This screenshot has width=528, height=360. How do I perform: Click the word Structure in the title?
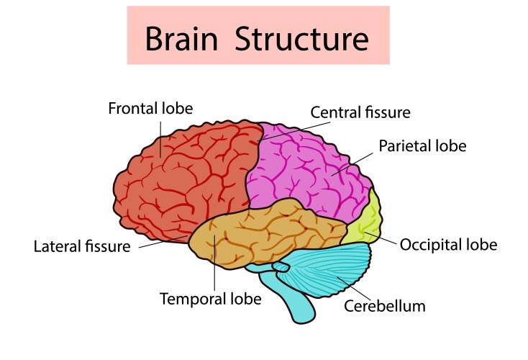302,37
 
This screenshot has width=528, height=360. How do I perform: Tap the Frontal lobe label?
150,109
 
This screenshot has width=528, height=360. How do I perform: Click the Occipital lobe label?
449,244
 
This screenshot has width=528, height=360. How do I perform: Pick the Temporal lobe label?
210,298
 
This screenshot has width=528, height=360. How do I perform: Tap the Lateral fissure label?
82,246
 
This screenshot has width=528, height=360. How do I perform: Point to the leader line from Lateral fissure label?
162,241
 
